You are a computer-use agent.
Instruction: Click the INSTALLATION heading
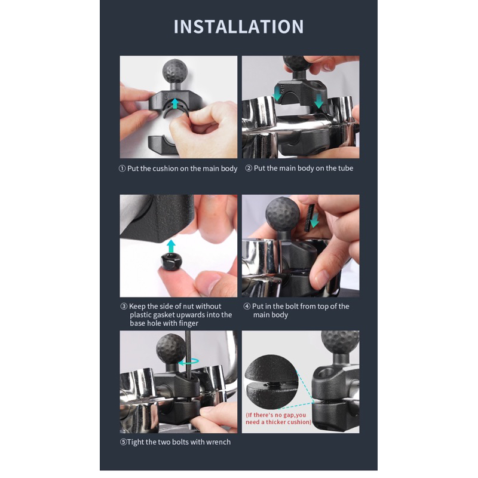(238, 26)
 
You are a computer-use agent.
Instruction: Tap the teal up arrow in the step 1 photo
(174, 103)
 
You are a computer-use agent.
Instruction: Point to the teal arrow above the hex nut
(171, 246)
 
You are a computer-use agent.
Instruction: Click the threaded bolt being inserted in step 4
(308, 217)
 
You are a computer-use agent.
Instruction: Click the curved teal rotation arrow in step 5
(188, 362)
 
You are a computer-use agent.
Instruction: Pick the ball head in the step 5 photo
(171, 348)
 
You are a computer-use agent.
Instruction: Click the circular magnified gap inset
(271, 381)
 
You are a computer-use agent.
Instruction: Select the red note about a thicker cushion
(278, 419)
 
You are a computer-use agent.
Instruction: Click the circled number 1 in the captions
(122, 168)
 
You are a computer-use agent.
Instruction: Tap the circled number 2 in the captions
(249, 168)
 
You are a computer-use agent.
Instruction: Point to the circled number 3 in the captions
(124, 307)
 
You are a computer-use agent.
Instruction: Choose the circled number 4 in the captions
(247, 307)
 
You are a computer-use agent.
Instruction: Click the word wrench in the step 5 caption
(218, 442)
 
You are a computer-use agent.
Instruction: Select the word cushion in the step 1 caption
(166, 168)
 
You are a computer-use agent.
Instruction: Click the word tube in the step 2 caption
(345, 168)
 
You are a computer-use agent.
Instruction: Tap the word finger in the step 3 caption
(188, 323)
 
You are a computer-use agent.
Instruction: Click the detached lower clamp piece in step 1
(161, 144)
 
